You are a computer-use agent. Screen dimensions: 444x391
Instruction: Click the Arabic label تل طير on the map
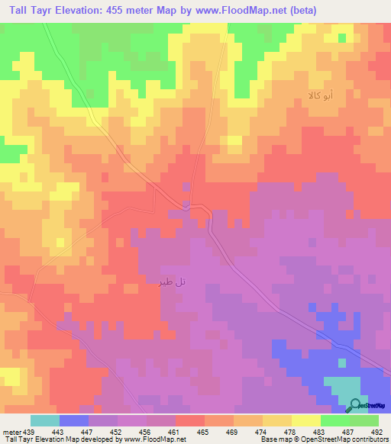coord(170,282)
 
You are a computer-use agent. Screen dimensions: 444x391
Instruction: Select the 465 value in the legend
coord(203,431)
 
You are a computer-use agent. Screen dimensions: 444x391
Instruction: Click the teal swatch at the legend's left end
coord(45,420)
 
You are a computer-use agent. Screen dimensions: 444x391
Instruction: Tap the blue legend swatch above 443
coord(74,420)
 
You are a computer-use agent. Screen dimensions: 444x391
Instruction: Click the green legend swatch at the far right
coord(364,420)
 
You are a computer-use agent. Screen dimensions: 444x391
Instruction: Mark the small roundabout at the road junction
coord(186,204)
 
